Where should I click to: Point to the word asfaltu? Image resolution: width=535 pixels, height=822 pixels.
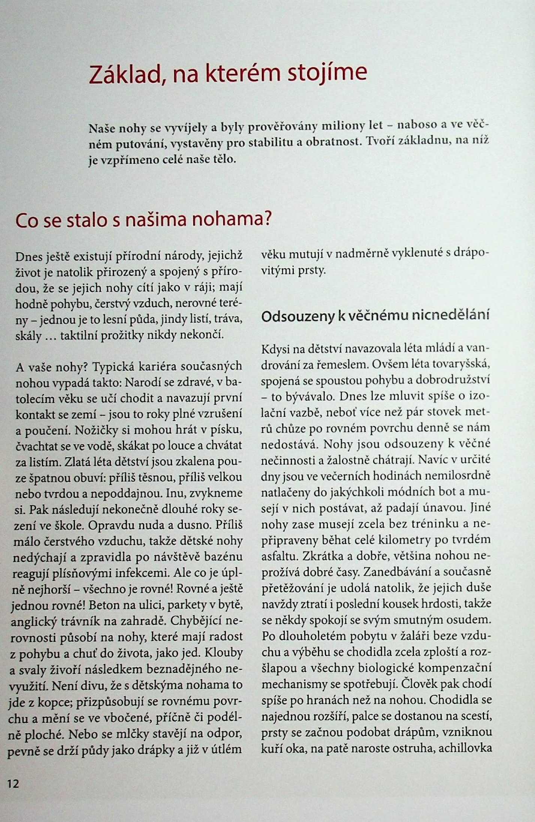(279, 556)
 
